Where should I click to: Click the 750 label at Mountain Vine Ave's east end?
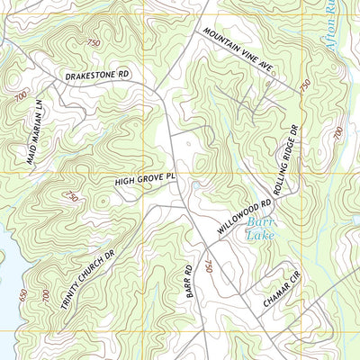click(x=305, y=85)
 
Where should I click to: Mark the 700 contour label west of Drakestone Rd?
click(x=21, y=94)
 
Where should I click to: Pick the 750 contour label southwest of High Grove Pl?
click(x=71, y=196)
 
